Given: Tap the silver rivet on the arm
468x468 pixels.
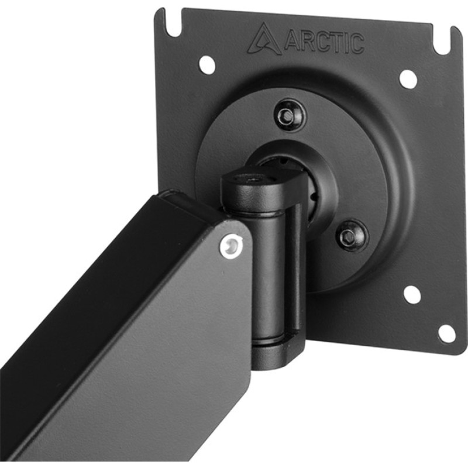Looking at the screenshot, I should (x=230, y=246).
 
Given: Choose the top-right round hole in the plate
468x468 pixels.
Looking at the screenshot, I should (x=408, y=78).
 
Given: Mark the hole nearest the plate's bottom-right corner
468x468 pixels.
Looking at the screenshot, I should (x=446, y=333).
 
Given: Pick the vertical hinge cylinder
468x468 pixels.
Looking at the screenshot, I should (x=269, y=269).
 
